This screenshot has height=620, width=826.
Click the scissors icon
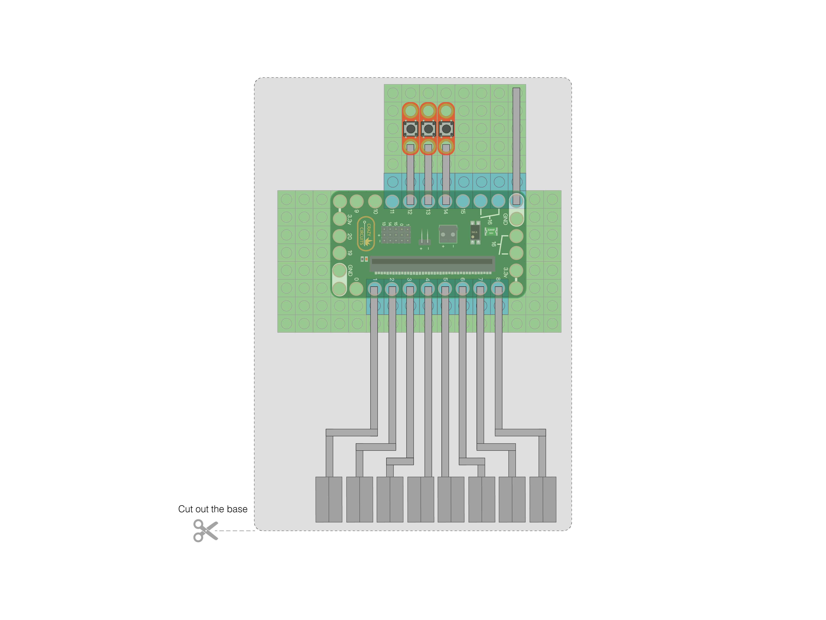(205, 530)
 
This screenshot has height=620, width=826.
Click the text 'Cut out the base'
(212, 509)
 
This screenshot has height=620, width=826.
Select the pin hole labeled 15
(463, 201)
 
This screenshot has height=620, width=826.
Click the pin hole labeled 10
(375, 201)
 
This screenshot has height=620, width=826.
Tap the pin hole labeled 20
(339, 236)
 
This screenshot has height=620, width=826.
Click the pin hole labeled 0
(356, 288)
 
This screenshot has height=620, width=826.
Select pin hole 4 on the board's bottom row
(428, 288)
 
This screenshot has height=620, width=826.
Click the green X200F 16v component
(491, 231)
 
